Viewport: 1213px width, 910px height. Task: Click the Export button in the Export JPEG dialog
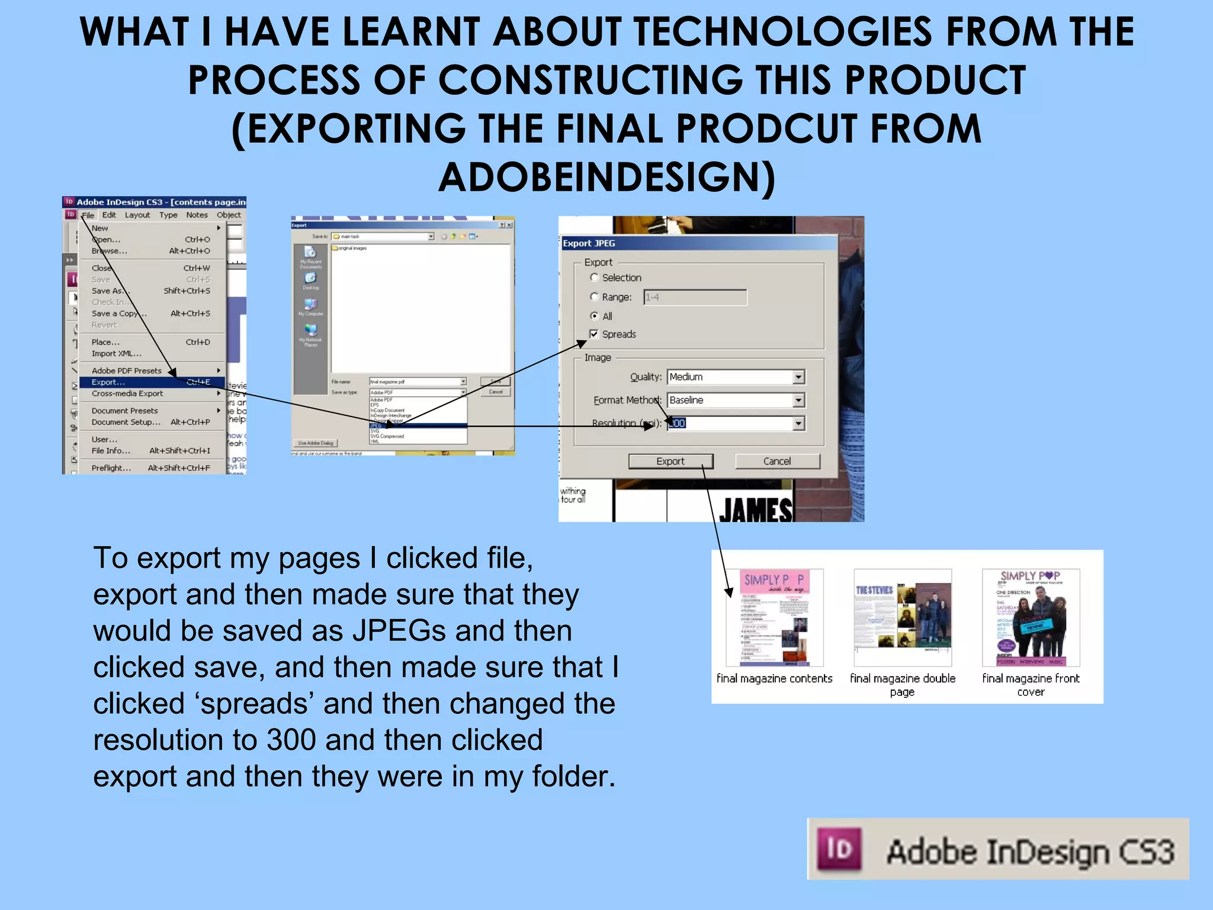670,461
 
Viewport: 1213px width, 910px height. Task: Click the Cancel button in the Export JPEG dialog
777,461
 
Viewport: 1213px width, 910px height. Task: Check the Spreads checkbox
594,334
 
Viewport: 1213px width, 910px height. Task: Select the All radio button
594,316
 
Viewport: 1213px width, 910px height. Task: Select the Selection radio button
594,277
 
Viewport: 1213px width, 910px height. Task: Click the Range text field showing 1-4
695,297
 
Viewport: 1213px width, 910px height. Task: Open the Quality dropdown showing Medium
798,377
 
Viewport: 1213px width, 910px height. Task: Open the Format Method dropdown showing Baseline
798,400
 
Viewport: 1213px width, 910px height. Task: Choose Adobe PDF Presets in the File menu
127,371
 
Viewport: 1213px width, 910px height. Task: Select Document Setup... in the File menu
126,422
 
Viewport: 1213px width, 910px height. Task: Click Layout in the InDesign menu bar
137,215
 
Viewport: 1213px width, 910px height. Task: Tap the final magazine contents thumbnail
774,617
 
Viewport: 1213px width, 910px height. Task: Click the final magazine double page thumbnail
903,617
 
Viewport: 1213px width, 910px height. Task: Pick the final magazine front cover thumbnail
1031,617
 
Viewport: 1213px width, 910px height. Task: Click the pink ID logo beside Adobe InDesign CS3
839,850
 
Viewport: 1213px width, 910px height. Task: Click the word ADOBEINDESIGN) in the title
606,177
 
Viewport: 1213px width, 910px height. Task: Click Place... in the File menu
105,342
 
